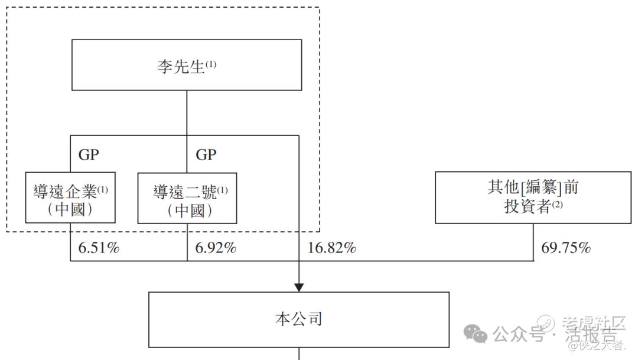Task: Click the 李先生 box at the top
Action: tap(187, 65)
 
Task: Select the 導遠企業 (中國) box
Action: tap(70, 197)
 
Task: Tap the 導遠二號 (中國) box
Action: tap(187, 198)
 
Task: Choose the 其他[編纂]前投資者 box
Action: tap(533, 197)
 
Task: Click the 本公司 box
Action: tap(299, 319)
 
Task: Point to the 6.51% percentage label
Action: tap(99, 248)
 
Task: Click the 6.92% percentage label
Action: tap(216, 248)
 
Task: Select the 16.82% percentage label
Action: tap(331, 248)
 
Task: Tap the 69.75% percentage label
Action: tap(566, 248)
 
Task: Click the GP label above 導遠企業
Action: tap(89, 155)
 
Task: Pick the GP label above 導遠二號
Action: tap(206, 155)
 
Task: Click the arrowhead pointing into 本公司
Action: tap(299, 287)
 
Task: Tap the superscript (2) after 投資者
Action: tap(557, 205)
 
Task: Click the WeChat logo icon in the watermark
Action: tap(476, 333)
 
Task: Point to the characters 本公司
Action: tap(299, 320)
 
